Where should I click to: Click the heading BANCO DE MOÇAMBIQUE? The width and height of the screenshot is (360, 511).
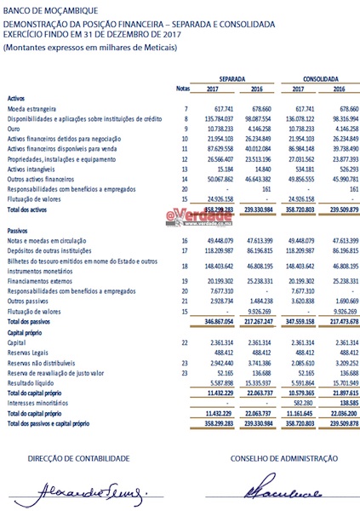[43, 10]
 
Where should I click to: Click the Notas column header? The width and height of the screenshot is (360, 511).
[181, 89]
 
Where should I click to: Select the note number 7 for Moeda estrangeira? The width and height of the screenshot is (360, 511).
[185, 110]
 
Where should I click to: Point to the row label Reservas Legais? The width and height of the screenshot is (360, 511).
[30, 352]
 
